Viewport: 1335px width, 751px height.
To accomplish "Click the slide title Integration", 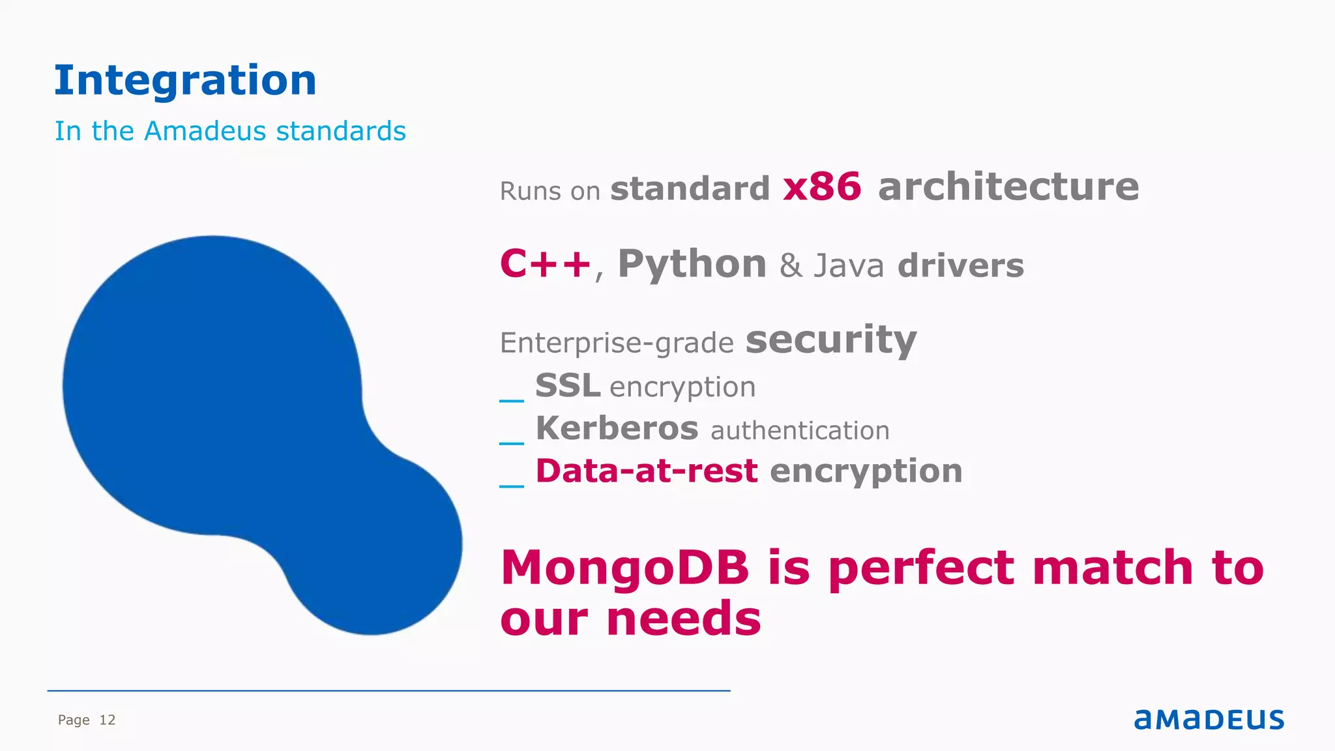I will pyautogui.click(x=185, y=80).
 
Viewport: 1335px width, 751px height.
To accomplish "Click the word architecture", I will pyautogui.click(x=1008, y=187).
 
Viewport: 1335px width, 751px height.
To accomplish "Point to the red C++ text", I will pyautogui.click(x=545, y=264).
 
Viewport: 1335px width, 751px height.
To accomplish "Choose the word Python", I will pyautogui.click(x=692, y=265).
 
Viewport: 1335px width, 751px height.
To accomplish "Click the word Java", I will pyautogui.click(x=849, y=266).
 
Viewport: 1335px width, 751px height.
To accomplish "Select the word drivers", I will pyautogui.click(x=961, y=266).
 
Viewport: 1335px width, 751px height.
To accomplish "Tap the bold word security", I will pyautogui.click(x=831, y=340).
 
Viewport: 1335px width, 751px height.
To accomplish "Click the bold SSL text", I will pyautogui.click(x=568, y=385).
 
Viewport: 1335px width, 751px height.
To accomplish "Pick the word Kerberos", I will pyautogui.click(x=617, y=428).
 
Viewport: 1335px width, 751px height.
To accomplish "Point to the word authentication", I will pyautogui.click(x=800, y=431).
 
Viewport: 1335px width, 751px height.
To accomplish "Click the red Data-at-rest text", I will pyautogui.click(x=647, y=471).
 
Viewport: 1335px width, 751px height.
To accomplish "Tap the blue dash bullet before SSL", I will pyautogui.click(x=512, y=400).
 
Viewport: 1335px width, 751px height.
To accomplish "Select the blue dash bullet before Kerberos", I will pyautogui.click(x=512, y=443).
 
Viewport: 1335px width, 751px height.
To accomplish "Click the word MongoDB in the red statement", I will pyautogui.click(x=624, y=567).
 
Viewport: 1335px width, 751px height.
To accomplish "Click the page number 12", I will pyautogui.click(x=108, y=720).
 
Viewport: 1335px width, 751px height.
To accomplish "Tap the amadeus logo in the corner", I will pyautogui.click(x=1209, y=719).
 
